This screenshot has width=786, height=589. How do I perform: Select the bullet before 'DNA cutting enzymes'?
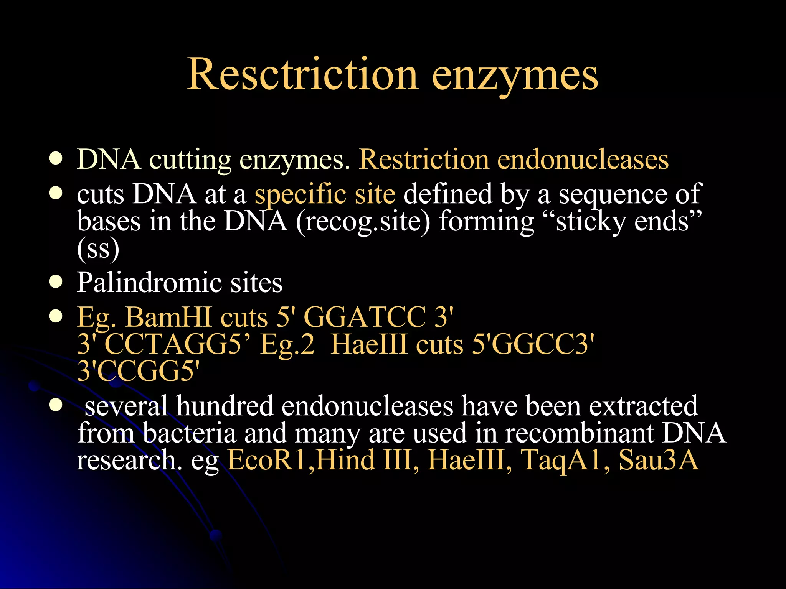[56, 159]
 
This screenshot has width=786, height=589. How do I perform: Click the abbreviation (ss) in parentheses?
[98, 249]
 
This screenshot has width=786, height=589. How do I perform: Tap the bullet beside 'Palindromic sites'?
[56, 282]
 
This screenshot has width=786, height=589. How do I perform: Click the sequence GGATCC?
[365, 318]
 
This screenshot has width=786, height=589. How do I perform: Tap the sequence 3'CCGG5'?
[138, 371]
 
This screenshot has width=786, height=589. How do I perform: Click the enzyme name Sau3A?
[658, 459]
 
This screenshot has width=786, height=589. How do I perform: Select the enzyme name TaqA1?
[564, 459]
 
